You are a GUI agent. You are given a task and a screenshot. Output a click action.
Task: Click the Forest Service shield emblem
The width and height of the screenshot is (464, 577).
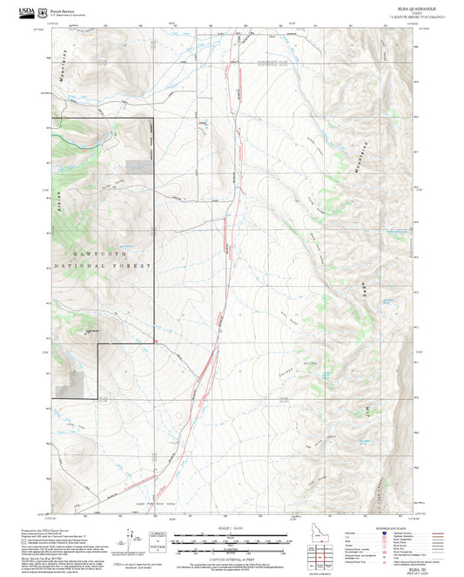(x=41, y=11)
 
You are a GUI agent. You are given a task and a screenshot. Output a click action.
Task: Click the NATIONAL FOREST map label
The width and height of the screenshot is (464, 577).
(x=103, y=265)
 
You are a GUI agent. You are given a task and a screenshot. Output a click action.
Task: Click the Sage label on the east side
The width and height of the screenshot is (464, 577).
(x=360, y=286)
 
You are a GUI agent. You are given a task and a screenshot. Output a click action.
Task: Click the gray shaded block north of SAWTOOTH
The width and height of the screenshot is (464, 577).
(x=137, y=166)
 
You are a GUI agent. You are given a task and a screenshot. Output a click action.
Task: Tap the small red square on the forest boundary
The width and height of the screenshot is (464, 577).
(x=154, y=342)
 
